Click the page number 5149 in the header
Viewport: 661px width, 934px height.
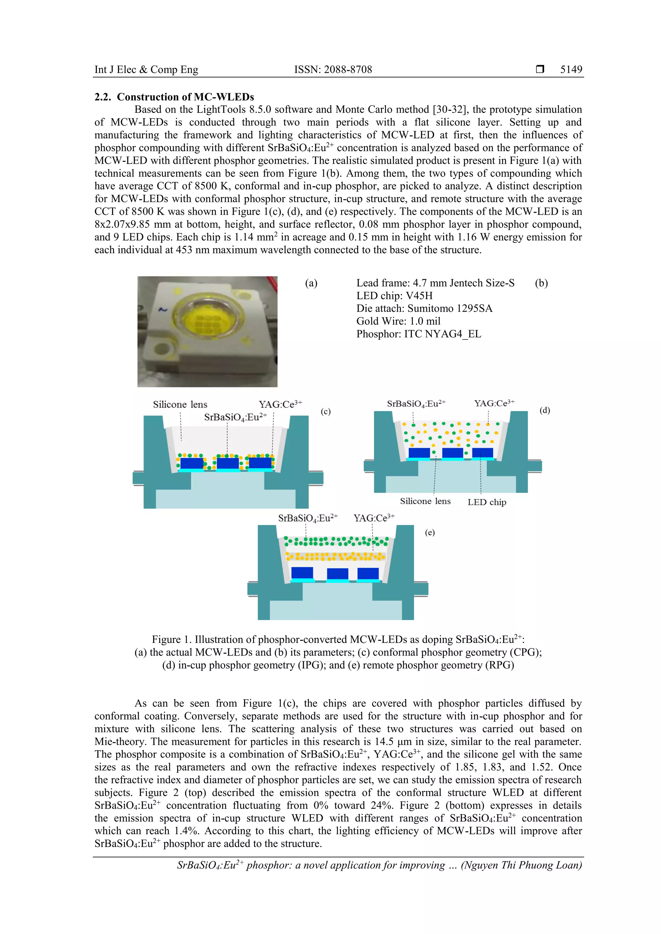tap(571, 70)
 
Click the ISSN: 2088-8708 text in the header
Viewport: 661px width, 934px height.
tap(333, 70)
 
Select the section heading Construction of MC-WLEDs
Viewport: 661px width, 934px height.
tap(185, 97)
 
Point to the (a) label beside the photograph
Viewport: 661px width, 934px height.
tap(311, 283)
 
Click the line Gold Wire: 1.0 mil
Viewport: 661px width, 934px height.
tap(398, 321)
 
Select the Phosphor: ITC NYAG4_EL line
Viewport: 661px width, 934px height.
tap(418, 334)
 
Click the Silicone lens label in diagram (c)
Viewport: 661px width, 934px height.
tap(180, 404)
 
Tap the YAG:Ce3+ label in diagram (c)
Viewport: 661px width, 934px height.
tap(280, 404)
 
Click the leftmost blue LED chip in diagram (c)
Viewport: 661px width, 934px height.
tap(191, 463)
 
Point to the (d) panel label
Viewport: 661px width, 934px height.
tap(544, 410)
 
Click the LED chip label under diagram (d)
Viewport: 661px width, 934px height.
tap(487, 502)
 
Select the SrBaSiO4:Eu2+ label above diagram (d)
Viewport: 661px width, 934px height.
tap(416, 404)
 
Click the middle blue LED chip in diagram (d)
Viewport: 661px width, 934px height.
tap(452, 453)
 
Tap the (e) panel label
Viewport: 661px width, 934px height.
tap(430, 532)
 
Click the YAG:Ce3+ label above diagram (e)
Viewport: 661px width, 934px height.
tap(373, 518)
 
